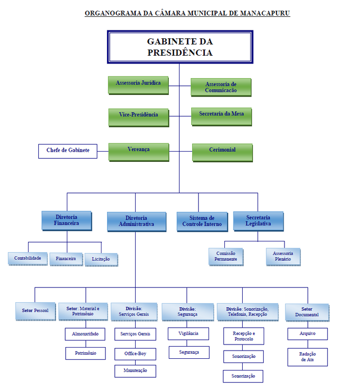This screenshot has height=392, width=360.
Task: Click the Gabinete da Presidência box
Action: (x=180, y=47)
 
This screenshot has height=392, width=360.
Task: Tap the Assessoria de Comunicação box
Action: (x=221, y=87)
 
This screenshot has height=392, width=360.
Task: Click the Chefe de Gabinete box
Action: (x=68, y=151)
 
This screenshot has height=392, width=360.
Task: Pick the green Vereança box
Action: (x=139, y=152)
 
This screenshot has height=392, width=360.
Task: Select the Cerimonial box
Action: (x=222, y=152)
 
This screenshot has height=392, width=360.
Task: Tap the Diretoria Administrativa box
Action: (x=136, y=222)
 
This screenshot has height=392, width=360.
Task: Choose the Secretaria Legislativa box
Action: (x=258, y=221)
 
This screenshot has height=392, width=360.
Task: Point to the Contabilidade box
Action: (x=28, y=258)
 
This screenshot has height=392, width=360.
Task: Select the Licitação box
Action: (x=101, y=259)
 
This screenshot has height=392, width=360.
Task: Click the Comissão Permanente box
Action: (x=226, y=256)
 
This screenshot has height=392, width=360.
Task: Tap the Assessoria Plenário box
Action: (x=283, y=256)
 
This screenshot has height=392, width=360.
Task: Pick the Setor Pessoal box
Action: (x=35, y=311)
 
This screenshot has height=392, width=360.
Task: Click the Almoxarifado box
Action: (x=85, y=334)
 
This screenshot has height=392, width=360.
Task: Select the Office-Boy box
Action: (x=135, y=353)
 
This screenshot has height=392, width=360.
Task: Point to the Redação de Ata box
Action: (x=307, y=357)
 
